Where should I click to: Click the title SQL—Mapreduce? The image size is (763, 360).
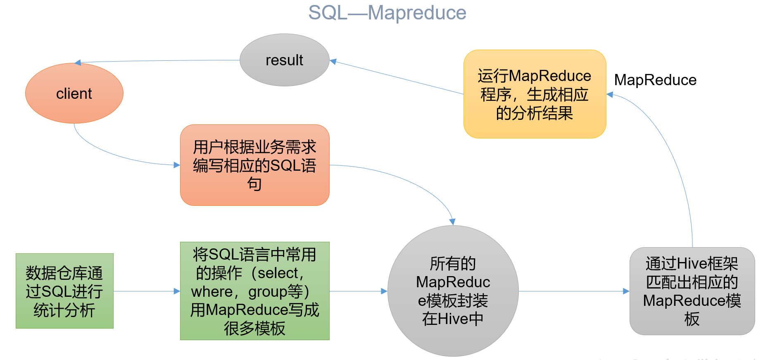[387, 13]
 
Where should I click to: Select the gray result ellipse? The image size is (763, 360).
[285, 60]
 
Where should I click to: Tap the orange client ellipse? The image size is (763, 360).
[74, 93]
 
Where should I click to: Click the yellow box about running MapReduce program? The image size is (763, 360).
[535, 94]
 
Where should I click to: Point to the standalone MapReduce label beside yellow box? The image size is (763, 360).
[655, 80]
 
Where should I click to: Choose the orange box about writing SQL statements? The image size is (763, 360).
[255, 165]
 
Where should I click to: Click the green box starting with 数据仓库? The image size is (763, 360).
[64, 291]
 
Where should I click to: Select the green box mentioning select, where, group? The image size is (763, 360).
[255, 291]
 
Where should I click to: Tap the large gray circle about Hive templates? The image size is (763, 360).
[453, 291]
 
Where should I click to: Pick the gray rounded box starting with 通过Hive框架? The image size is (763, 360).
[692, 291]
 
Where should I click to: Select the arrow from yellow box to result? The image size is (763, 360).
[397, 77]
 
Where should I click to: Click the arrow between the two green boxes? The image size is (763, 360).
[147, 291]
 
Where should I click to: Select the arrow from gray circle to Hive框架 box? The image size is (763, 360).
[574, 291]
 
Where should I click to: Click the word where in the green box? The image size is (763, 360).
[212, 291]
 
